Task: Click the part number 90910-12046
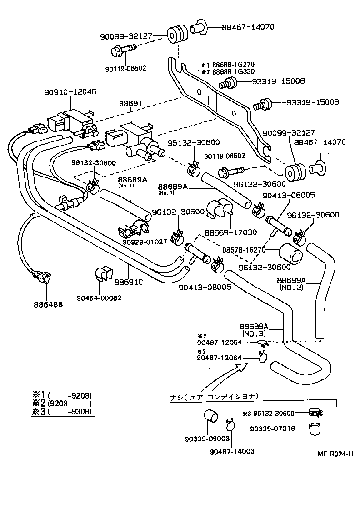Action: [x=70, y=91]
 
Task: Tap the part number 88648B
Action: [x=48, y=304]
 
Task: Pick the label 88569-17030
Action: [x=231, y=232]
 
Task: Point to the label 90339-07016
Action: [x=272, y=428]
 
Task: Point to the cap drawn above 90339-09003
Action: [x=210, y=416]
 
